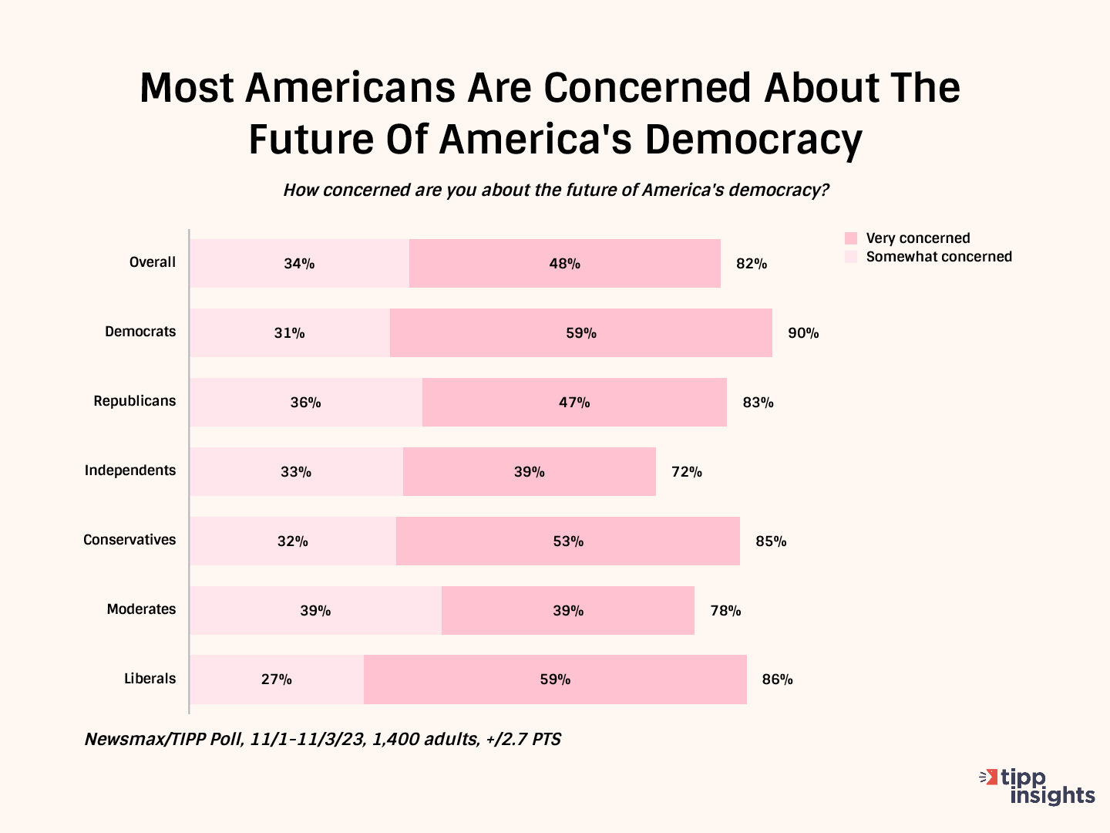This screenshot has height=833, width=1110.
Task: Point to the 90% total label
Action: point(803,333)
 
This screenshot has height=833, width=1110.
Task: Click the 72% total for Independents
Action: point(687,472)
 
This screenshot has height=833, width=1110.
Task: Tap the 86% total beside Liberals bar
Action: point(777,680)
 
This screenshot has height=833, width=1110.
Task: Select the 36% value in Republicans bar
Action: point(305,403)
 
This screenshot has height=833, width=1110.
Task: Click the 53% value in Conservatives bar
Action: point(568,541)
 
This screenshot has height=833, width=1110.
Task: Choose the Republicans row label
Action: point(135,401)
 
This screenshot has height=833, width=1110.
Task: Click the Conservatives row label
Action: point(129,540)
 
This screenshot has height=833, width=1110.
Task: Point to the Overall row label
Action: point(153,262)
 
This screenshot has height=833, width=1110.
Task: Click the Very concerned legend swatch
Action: point(851,238)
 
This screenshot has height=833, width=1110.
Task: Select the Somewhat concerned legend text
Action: point(939,257)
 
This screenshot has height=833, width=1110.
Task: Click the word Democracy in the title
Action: point(753,140)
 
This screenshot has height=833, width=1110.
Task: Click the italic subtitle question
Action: point(556,191)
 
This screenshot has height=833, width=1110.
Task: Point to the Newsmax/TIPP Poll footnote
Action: point(322,740)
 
